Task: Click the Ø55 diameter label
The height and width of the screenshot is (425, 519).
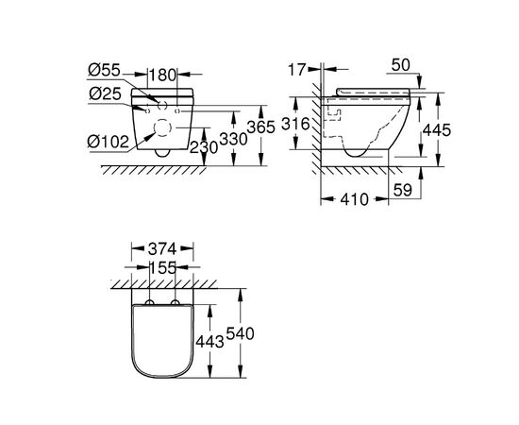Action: (x=104, y=70)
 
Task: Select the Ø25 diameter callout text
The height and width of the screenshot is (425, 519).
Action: (x=105, y=94)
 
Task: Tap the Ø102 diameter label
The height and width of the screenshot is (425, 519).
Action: (x=108, y=142)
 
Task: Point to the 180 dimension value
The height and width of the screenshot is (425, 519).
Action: (x=162, y=76)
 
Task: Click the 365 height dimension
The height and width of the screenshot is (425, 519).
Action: (x=261, y=127)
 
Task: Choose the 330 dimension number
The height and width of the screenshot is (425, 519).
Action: (x=234, y=139)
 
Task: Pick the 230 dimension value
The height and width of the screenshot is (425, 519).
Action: (x=204, y=147)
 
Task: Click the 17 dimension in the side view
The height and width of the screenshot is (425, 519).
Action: (x=296, y=70)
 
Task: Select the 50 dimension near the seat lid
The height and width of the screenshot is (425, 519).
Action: (x=400, y=65)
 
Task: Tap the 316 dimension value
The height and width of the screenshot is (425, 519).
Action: (x=295, y=124)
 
